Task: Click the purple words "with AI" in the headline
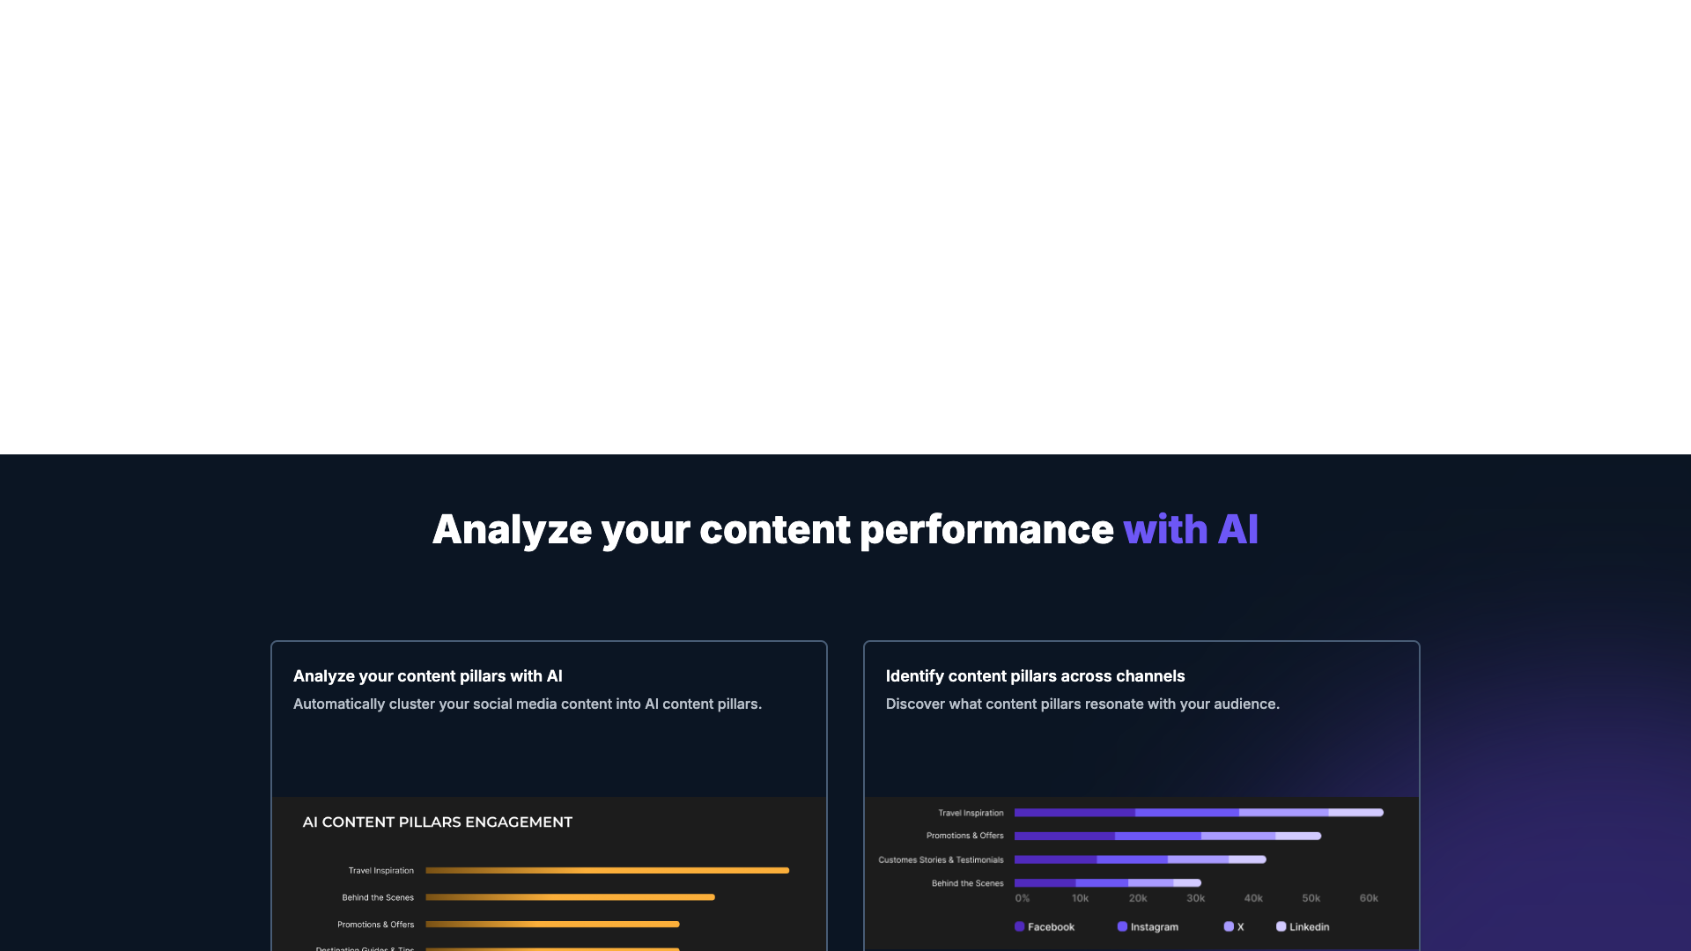coord(1190,529)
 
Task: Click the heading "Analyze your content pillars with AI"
coord(427,676)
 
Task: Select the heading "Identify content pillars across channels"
coord(1035,676)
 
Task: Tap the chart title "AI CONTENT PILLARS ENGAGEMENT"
coord(437,822)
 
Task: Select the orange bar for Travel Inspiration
coord(607,871)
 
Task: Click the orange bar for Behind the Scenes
coord(570,897)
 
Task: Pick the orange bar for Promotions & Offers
coord(552,925)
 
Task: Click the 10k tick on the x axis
coord(1080,898)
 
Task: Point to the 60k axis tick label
coord(1369,898)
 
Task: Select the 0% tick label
coord(1023,898)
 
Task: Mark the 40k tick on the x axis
coord(1253,898)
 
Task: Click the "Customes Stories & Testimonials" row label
coord(941,860)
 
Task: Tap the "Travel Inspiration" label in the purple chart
coord(971,814)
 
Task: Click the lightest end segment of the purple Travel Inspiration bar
coord(1355,813)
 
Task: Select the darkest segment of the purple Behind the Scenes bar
coord(1045,883)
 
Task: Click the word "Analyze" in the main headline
coord(512,529)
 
